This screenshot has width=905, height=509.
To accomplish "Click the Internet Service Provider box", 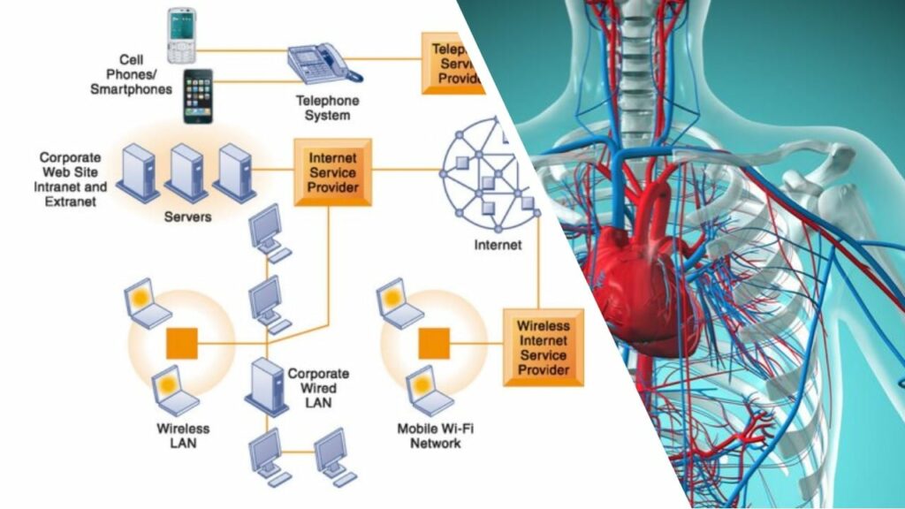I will point(333,171).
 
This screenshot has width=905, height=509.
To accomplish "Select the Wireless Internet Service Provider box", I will point(543,346).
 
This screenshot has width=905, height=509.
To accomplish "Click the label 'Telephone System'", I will point(326,108).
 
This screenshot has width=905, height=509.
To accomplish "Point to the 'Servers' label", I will point(187,217).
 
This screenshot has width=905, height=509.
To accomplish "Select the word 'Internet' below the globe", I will point(498,245).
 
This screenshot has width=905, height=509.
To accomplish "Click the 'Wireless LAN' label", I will point(183,436).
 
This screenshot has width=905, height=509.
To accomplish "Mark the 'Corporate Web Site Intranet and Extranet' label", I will point(73,179).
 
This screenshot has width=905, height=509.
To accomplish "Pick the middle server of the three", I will point(187,172).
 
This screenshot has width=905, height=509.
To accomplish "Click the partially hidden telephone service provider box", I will point(452,63).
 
